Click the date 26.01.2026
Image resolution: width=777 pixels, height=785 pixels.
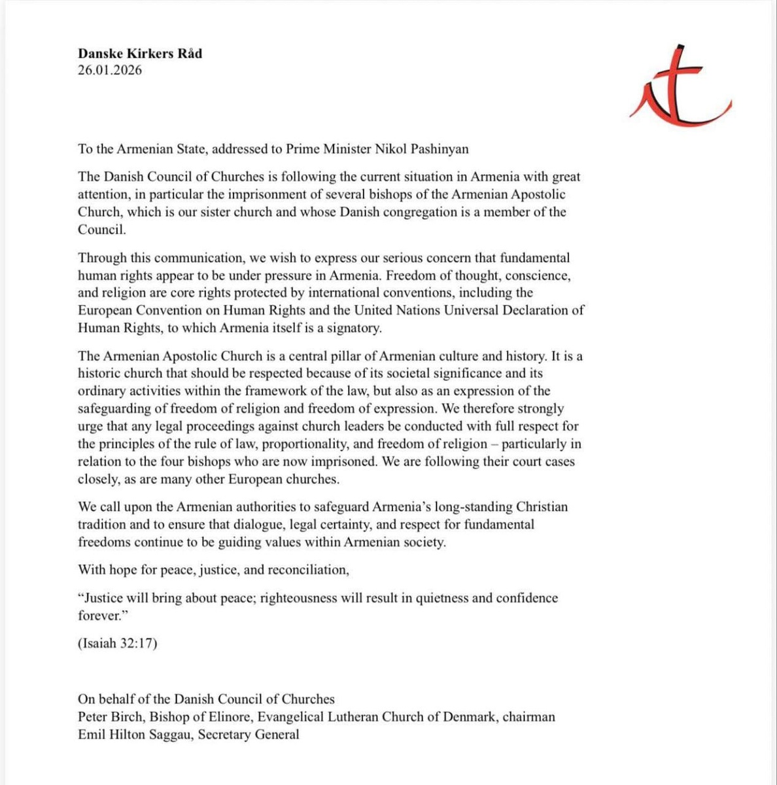click(109, 70)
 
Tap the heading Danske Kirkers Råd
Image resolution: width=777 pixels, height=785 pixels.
click(140, 54)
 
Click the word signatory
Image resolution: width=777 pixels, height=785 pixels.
click(354, 328)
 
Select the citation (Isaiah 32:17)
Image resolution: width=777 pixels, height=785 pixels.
click(118, 643)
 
